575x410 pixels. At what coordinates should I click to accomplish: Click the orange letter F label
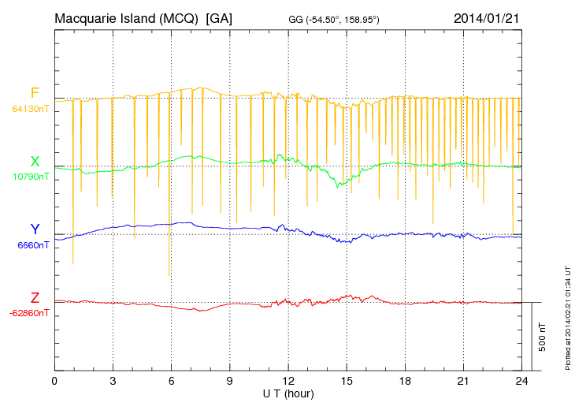[35, 94]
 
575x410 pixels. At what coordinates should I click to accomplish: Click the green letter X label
[35, 162]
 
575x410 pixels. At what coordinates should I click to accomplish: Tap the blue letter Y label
[35, 229]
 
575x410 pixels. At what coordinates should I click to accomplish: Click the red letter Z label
[35, 298]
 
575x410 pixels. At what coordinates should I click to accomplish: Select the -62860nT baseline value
[29, 313]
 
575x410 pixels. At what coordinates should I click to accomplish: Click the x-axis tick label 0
[54, 382]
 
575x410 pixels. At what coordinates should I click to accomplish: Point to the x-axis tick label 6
[171, 382]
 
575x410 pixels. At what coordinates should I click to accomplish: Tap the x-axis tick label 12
[288, 382]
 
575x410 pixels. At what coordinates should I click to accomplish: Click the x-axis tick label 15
[347, 382]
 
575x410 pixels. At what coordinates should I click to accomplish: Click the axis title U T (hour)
[288, 393]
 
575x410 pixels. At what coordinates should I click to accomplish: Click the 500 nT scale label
[542, 337]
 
